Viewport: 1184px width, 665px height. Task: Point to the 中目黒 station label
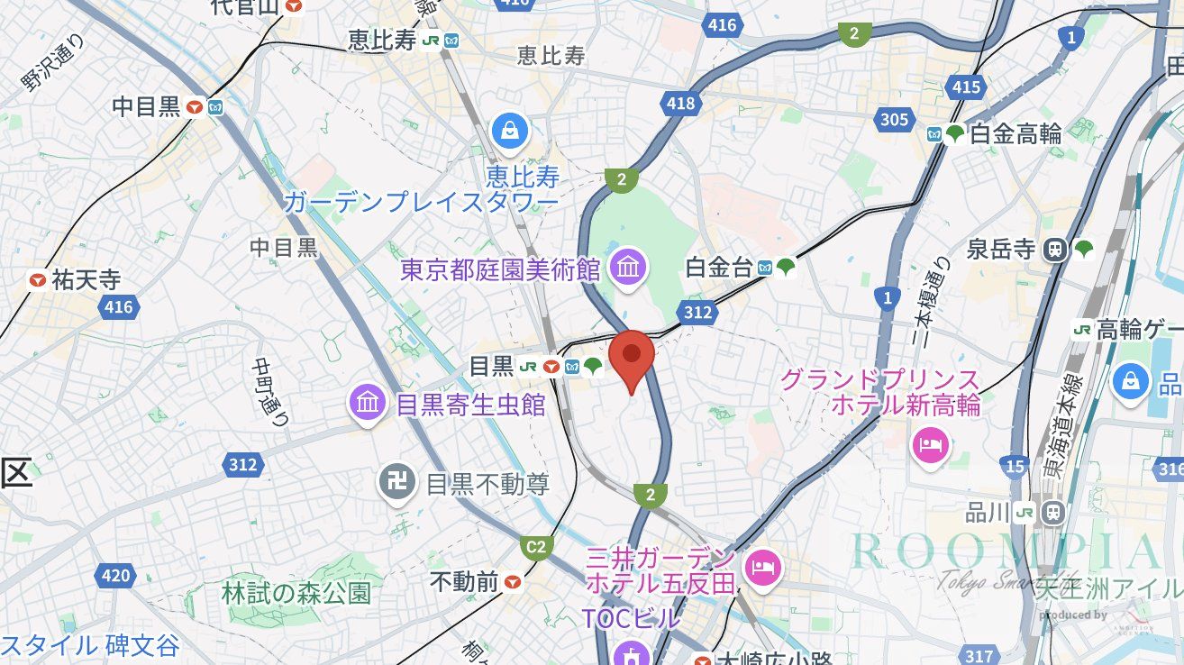coord(147,107)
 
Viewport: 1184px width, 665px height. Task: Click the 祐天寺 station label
coord(86,280)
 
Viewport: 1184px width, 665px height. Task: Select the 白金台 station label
coord(721,267)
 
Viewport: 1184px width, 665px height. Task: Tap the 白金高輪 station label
coord(1016,134)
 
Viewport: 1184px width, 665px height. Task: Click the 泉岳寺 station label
coord(1000,249)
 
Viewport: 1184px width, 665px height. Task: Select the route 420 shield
coord(116,575)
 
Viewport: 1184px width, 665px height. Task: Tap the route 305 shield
coord(895,119)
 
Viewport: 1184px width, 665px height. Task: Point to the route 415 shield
coord(965,87)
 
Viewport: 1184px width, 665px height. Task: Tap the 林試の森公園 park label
coord(296,593)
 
